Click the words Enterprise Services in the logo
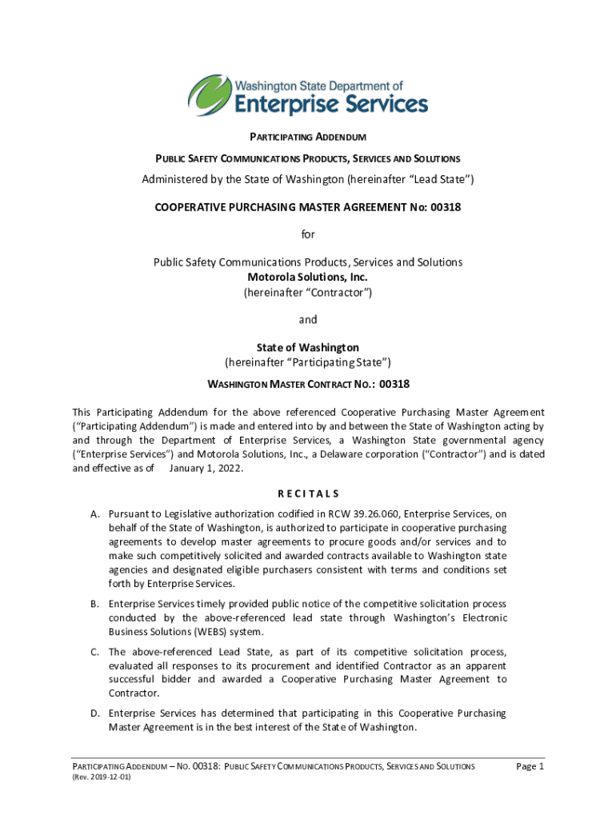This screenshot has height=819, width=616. tap(330, 103)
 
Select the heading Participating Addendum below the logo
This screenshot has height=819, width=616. tap(307, 137)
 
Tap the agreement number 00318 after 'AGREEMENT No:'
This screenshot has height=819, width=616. tap(445, 207)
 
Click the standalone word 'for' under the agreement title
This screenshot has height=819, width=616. tap(308, 235)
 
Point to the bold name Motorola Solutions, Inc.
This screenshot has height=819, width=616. tap(308, 278)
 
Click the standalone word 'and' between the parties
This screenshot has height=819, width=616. tap(308, 320)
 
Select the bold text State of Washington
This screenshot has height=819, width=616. tap(308, 348)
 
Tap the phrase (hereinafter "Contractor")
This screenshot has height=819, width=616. tap(308, 292)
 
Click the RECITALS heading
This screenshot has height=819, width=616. tap(308, 494)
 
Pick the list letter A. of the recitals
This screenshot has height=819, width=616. tap(94, 514)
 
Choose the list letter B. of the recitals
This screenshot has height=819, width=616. tap(94, 604)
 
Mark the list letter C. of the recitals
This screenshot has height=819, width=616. tap(94, 652)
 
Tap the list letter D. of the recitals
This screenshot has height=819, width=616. tap(94, 713)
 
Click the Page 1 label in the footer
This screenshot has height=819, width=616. tap(530, 766)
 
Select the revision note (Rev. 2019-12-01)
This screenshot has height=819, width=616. tap(101, 777)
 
